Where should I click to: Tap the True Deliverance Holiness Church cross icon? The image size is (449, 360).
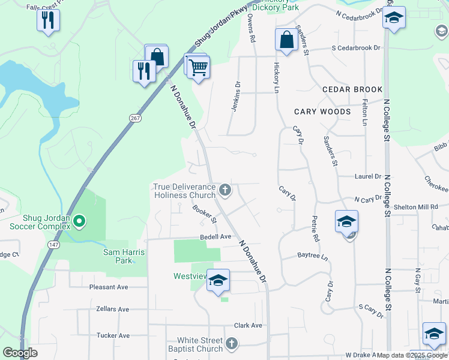coord(225,191)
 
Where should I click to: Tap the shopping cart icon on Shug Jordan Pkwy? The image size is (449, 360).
coord(198,68)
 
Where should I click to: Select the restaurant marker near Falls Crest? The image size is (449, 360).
coord(47,20)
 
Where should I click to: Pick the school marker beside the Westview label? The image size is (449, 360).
coord(218,281)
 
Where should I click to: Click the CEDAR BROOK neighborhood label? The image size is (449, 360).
coord(352,89)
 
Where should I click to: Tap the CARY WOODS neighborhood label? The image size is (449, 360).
coord(322,112)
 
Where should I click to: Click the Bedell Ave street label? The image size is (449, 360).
coord(215,237)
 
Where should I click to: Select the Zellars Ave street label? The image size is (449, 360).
coord(112,309)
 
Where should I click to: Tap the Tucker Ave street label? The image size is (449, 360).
coord(113,335)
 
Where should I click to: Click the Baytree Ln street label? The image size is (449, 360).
coord(313,256)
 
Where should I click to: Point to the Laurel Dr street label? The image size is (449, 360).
coord(368,176)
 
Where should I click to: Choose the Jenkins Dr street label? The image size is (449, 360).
coord(236,96)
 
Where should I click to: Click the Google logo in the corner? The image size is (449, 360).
coord(20,353)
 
